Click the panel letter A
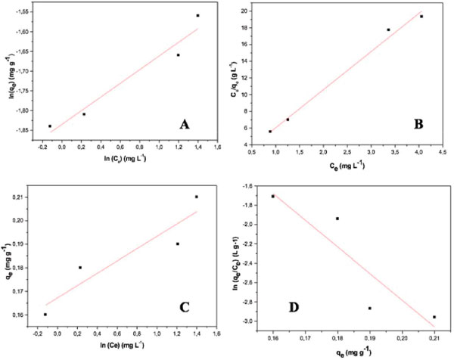pos(183,124)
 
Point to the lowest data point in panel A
pos(50,126)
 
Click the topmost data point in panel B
pos(421,17)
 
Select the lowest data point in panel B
pos(270,131)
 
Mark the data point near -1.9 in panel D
pos(337,219)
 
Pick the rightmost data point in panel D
pos(434,317)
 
